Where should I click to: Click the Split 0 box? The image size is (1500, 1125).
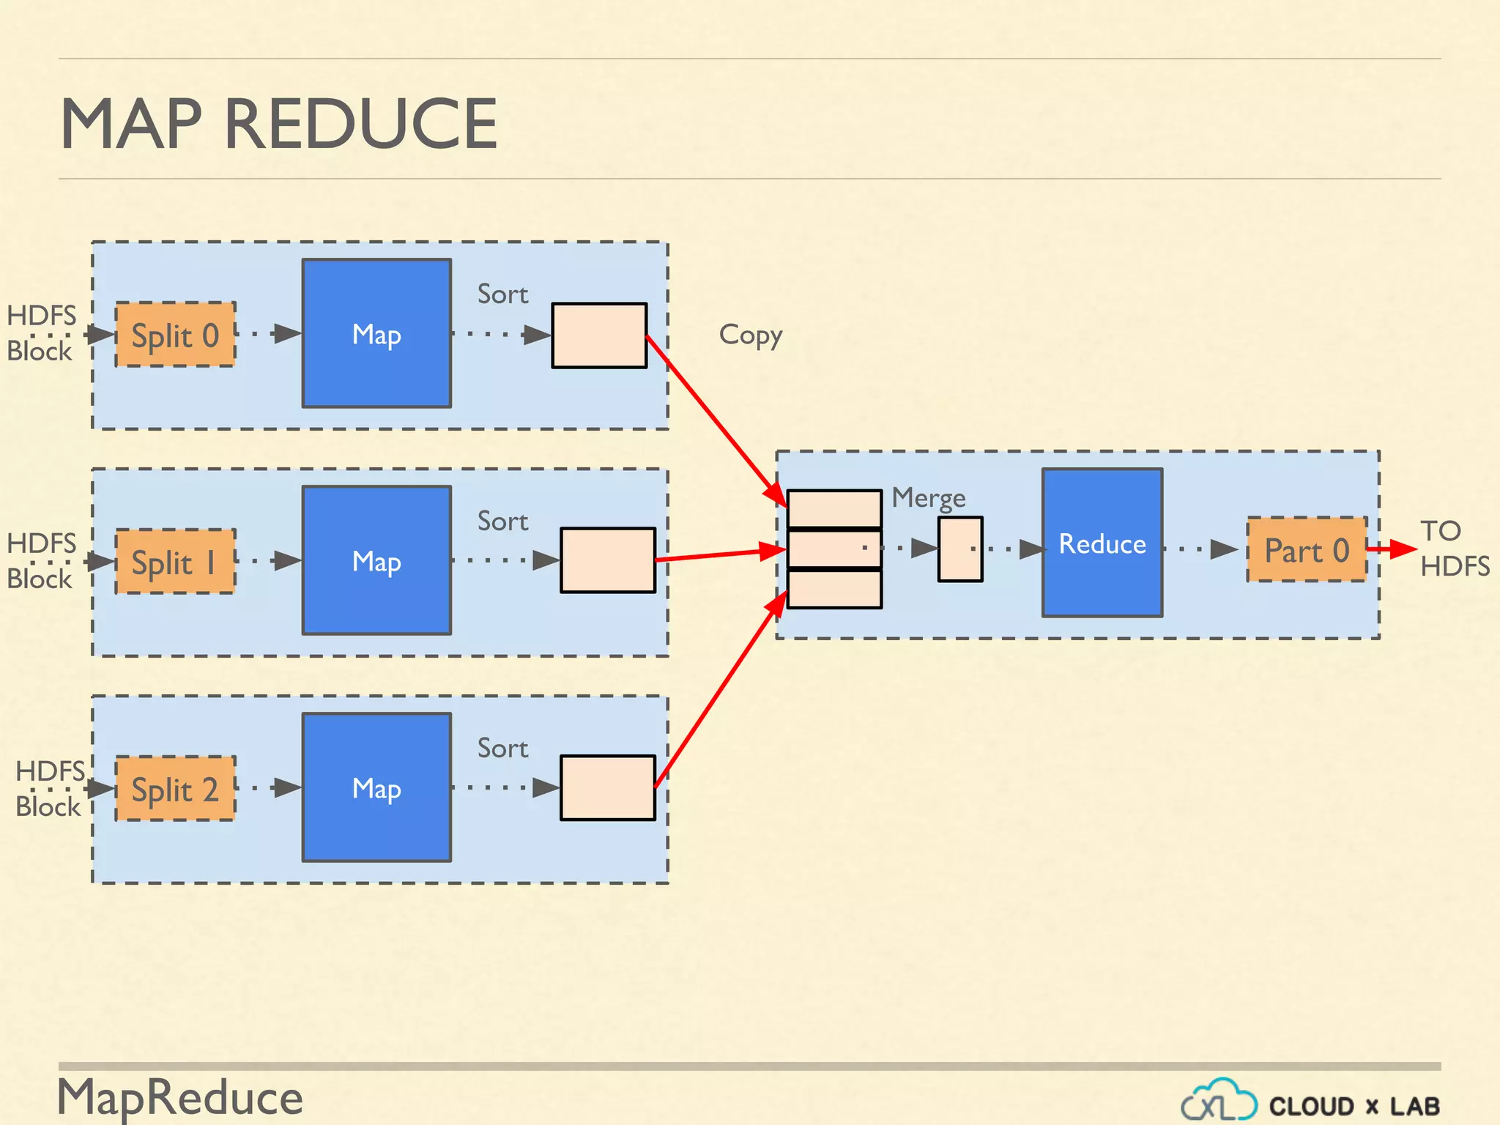175,335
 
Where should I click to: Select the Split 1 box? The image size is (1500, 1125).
175,562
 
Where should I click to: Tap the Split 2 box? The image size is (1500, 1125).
175,789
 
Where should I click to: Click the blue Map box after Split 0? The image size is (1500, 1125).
376,333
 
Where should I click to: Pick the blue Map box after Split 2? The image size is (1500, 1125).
376,787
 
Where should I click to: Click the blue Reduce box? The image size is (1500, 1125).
1102,543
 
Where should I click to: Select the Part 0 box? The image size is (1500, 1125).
1307,550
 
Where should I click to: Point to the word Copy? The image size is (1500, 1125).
751,335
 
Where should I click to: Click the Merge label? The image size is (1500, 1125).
928,498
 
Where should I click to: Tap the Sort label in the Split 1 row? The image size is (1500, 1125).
502,521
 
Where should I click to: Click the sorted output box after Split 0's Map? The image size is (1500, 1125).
599,335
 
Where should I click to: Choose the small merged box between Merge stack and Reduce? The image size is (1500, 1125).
960,549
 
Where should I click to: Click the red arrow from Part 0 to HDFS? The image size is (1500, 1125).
1391,549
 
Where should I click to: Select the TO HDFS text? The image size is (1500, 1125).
1454,549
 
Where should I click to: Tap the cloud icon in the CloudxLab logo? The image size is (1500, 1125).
1219,1100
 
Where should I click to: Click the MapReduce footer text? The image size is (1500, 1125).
180,1097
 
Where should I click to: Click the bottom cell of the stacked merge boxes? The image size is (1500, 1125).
834,589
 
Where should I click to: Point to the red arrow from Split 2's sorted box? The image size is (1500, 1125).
718,692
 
